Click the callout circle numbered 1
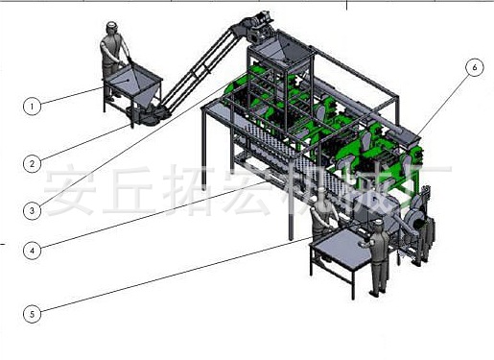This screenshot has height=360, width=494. [x=33, y=107]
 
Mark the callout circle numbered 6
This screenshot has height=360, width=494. [x=473, y=68]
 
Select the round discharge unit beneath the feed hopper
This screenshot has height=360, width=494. [x=144, y=115]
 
